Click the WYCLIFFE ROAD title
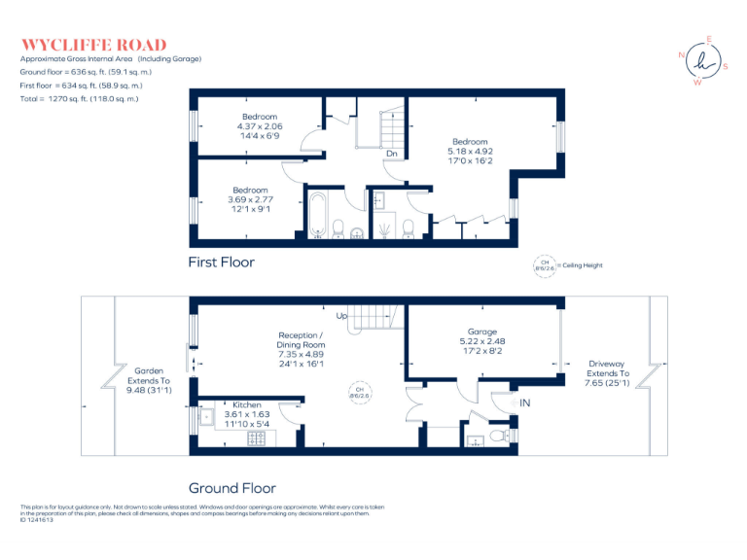click(93, 45)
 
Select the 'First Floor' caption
click(222, 262)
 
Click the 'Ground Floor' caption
click(231, 488)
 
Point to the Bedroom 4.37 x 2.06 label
click(260, 126)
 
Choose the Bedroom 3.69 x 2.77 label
click(250, 199)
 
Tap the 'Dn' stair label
click(390, 154)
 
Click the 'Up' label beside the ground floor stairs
click(341, 316)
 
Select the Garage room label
click(482, 341)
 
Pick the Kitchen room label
click(246, 415)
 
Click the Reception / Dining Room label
click(301, 349)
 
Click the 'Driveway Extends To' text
click(608, 374)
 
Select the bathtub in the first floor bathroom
click(318, 216)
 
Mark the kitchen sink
click(207, 419)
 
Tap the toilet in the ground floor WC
click(501, 437)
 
